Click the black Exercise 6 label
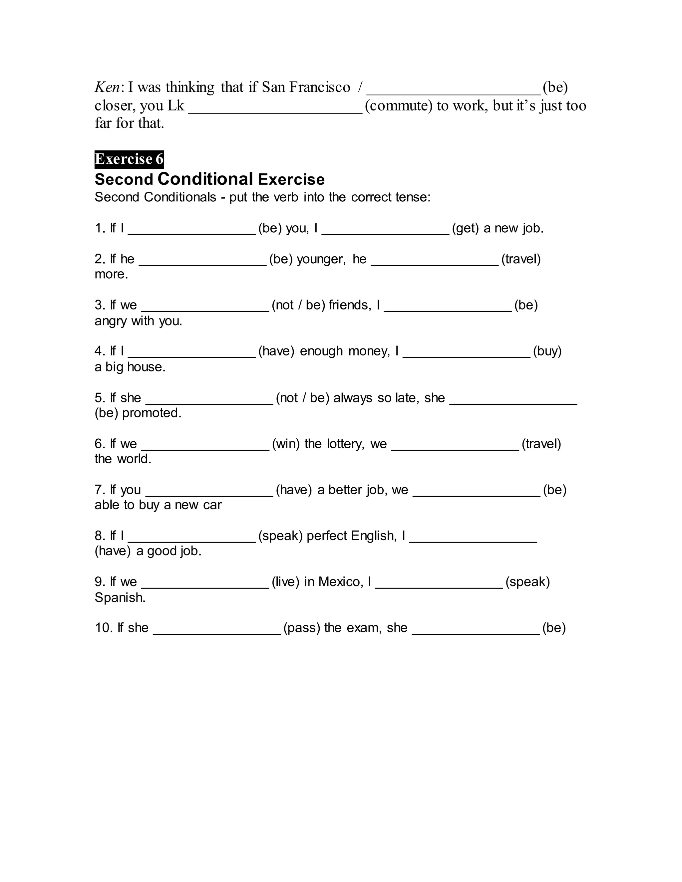pyautogui.click(x=129, y=159)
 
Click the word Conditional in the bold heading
pyautogui.click(x=205, y=179)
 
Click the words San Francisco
pyautogui.click(x=306, y=87)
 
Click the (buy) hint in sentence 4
pyautogui.click(x=547, y=351)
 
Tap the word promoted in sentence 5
pyautogui.click(x=152, y=413)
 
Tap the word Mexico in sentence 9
pyautogui.click(x=341, y=582)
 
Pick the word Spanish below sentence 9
pyautogui.click(x=120, y=597)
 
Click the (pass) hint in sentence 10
pyautogui.click(x=302, y=628)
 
